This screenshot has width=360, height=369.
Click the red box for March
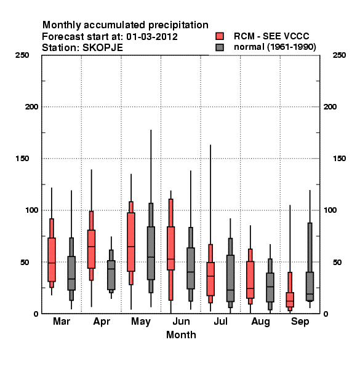pyautogui.click(x=52, y=260)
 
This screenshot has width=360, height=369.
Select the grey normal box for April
pyautogui.click(x=111, y=275)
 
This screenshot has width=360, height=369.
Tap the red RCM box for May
pyautogui.click(x=131, y=242)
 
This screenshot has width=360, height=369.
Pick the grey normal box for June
pyautogui.click(x=191, y=268)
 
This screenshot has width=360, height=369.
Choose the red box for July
pyautogui.click(x=210, y=279)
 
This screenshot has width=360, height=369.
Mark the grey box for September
pyautogui.click(x=310, y=287)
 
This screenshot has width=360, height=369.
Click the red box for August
pyautogui.click(x=250, y=280)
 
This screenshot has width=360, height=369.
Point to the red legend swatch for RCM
pyautogui.click(x=220, y=36)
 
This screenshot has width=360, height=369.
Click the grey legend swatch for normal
pyautogui.click(x=220, y=47)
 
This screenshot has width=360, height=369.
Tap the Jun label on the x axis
pyautogui.click(x=181, y=322)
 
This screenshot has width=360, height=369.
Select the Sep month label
pyautogui.click(x=300, y=322)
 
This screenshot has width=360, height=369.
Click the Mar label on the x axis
pyautogui.click(x=62, y=321)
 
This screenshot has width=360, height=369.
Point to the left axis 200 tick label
pyautogui.click(x=32, y=107)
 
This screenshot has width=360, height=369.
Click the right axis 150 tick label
pyautogui.click(x=339, y=159)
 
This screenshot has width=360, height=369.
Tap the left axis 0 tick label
pyautogui.click(x=36, y=314)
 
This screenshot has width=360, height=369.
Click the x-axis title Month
pyautogui.click(x=181, y=335)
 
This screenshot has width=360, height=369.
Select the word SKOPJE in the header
pyautogui.click(x=103, y=48)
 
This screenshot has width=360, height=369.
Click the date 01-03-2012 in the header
pyautogui.click(x=152, y=37)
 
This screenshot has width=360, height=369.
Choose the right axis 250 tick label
pyautogui.click(x=339, y=55)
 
